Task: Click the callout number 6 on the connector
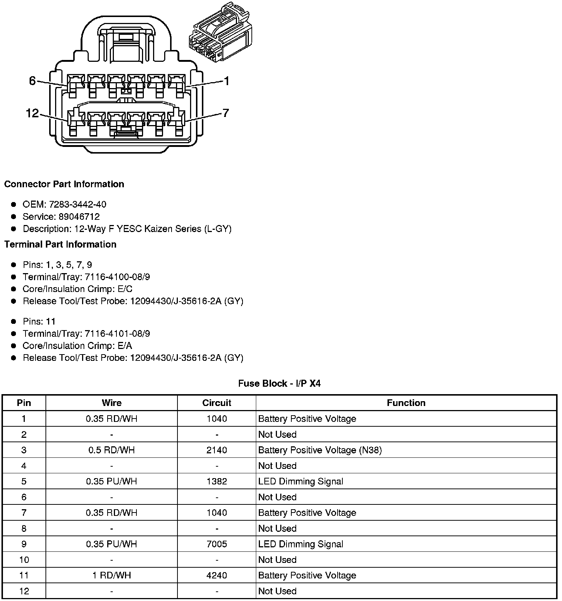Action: [32, 81]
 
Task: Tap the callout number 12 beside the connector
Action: [33, 113]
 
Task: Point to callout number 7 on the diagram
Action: [226, 113]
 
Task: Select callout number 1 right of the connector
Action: [226, 81]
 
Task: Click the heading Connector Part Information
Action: [64, 184]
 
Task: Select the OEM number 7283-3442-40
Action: [78, 204]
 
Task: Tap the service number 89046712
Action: [79, 216]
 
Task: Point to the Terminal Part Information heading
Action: [60, 244]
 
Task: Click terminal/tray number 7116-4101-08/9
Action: [117, 333]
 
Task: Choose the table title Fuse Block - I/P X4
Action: [279, 383]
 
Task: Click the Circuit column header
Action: [217, 403]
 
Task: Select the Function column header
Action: [406, 403]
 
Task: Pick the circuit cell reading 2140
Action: [217, 450]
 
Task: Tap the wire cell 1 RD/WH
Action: [112, 575]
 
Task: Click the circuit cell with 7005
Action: [217, 544]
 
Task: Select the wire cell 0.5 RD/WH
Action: [112, 450]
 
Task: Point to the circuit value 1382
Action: [217, 481]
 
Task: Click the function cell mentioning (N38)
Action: [320, 450]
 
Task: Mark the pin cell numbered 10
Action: [24, 560]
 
